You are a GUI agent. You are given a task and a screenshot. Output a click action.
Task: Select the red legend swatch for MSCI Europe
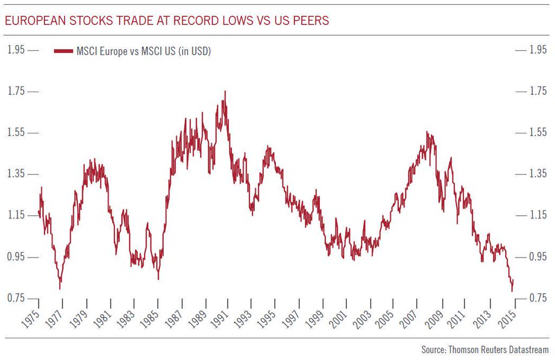click(x=63, y=52)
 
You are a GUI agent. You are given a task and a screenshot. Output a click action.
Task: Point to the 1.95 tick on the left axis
click(x=16, y=50)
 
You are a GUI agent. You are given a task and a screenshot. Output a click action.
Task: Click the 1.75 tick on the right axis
click(x=537, y=91)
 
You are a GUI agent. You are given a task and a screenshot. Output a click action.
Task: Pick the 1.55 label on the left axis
click(x=16, y=133)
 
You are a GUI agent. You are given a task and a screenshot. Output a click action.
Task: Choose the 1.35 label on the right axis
click(x=537, y=174)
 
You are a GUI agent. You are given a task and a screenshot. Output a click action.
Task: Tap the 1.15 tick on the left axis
click(x=16, y=215)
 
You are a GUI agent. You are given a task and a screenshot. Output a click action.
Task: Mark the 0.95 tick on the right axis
click(x=537, y=256)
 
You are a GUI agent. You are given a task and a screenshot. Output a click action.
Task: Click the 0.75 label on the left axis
click(x=16, y=298)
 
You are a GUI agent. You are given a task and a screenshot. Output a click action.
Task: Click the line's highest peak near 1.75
click(x=225, y=91)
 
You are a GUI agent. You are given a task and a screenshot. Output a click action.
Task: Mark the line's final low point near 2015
click(x=512, y=291)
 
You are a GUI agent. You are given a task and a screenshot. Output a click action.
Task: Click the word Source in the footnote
click(x=433, y=350)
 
